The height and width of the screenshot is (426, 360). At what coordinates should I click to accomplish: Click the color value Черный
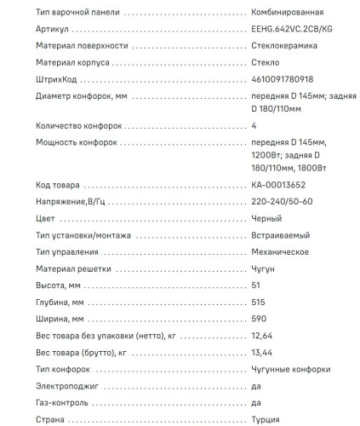click(266, 217)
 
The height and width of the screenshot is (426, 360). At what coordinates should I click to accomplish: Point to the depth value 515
click(259, 302)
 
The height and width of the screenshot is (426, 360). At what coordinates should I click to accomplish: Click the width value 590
click(260, 319)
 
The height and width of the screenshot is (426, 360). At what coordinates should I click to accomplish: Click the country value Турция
click(266, 419)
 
